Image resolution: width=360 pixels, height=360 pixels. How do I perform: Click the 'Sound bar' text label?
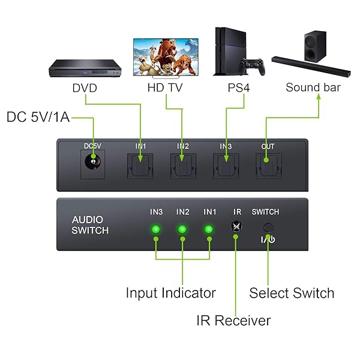[x=313, y=88]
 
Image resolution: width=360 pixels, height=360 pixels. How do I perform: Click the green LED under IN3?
[x=156, y=229]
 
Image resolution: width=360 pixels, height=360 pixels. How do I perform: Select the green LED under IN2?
[x=182, y=229]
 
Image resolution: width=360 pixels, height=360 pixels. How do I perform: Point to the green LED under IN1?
[x=209, y=229]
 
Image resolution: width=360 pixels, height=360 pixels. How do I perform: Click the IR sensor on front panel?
[x=237, y=227]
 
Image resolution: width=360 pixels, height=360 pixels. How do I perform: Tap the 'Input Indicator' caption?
[x=170, y=293]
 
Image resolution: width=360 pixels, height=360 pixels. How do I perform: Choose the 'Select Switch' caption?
[x=292, y=293]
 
